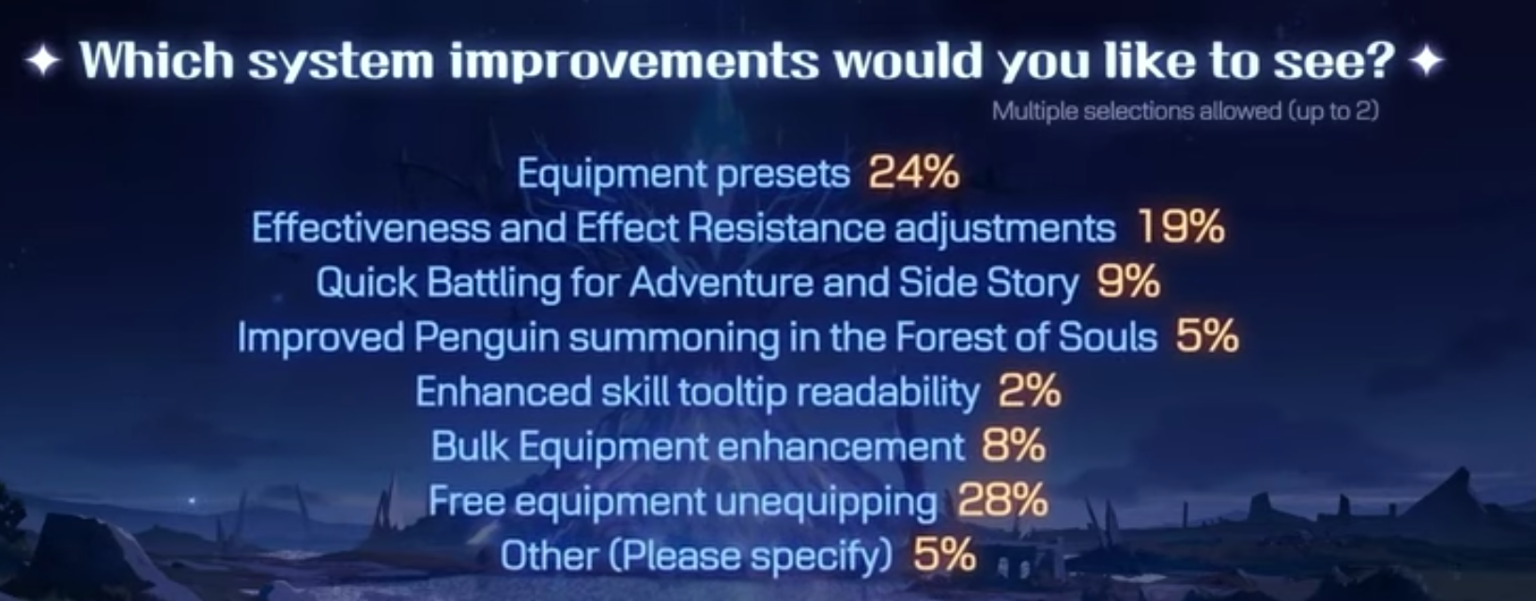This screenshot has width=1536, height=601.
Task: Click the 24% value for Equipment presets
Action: (914, 172)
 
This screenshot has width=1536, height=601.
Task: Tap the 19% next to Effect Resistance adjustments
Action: (1181, 227)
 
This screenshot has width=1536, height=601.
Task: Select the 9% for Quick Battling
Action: (1128, 282)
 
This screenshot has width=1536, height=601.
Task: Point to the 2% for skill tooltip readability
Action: (1030, 392)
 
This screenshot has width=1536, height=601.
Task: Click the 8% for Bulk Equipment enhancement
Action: (1014, 446)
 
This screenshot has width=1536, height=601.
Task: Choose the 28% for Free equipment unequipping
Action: (1002, 501)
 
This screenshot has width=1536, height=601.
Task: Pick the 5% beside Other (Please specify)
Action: (944, 555)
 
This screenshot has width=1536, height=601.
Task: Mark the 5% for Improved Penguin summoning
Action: (1207, 336)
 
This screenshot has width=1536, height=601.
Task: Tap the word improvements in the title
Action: (634, 62)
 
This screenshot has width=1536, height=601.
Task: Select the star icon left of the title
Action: (43, 62)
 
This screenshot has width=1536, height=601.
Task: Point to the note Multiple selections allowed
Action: (1185, 112)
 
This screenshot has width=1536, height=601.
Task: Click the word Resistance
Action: (785, 227)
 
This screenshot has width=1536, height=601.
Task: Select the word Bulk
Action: (470, 446)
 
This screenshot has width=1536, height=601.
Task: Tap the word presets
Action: (783, 174)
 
